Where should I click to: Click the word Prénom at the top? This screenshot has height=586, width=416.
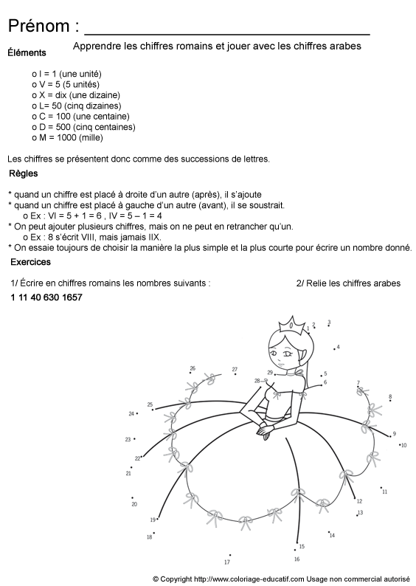[x=38, y=27]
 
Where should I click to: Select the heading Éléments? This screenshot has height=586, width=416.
[x=27, y=52]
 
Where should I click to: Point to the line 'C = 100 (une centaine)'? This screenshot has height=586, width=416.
[x=82, y=117]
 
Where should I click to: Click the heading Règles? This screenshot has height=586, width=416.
[x=24, y=174]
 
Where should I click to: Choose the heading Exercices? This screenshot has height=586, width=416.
[x=31, y=263]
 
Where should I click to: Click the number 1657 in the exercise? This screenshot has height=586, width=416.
[x=72, y=297]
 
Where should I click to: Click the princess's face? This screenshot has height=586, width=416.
[x=281, y=352]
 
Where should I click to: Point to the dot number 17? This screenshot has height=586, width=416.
[x=230, y=555]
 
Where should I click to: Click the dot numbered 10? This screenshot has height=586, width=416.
[x=399, y=444]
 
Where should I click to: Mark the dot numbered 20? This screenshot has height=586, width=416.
[x=132, y=498]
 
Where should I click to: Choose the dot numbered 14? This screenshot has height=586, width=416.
[x=327, y=530]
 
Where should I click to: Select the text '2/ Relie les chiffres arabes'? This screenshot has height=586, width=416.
[x=348, y=283]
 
